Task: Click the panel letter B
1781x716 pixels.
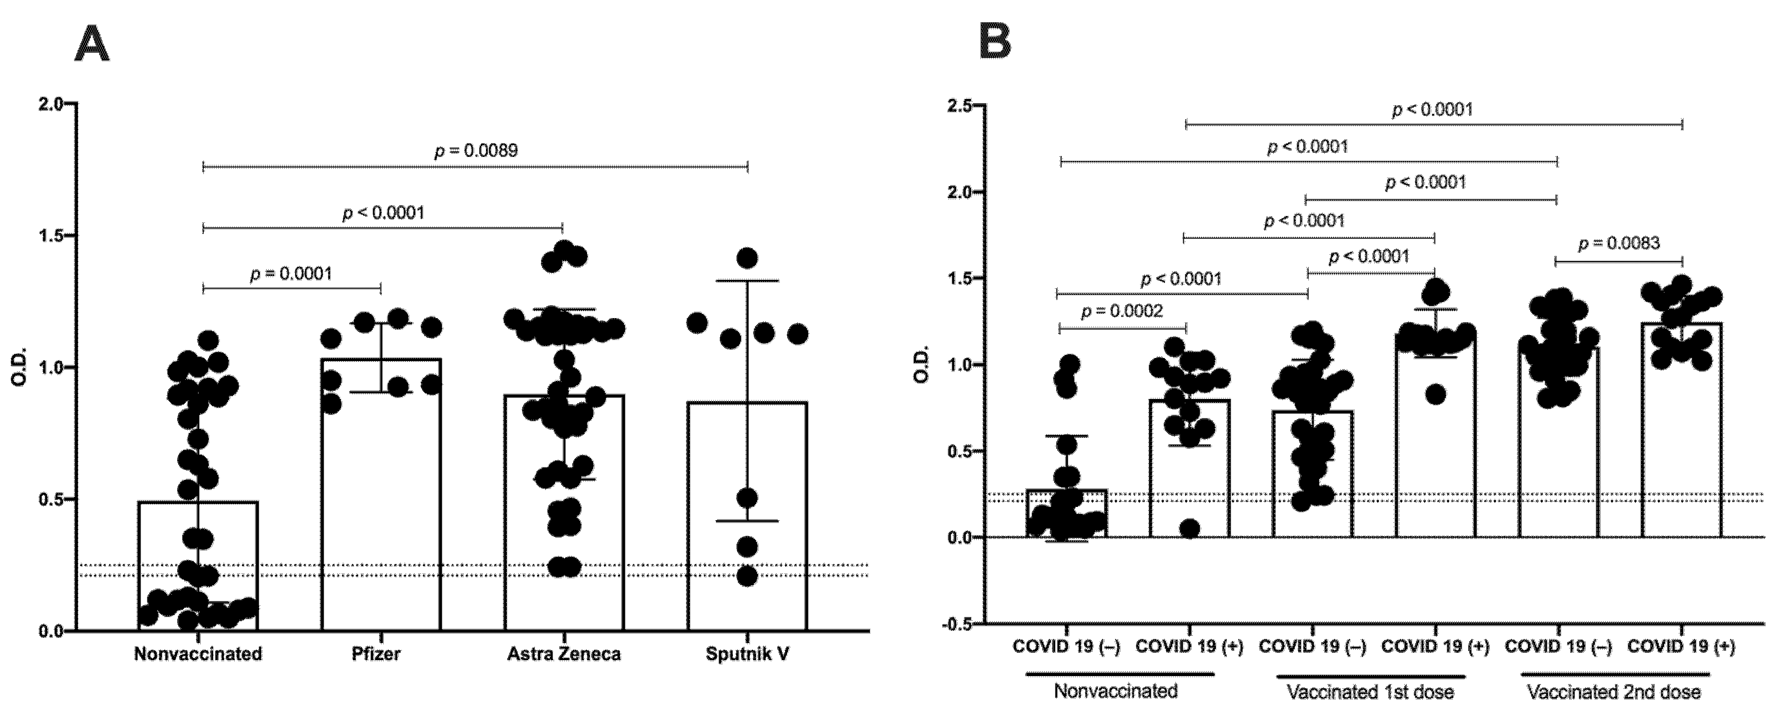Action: [x=995, y=43]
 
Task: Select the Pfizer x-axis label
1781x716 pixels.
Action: [x=376, y=654]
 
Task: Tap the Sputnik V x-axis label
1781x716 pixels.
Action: [x=747, y=654]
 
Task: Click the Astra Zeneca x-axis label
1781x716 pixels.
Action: [x=564, y=654]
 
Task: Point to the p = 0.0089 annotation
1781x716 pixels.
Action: [x=476, y=151]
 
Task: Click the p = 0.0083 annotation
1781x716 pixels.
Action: [x=1619, y=243]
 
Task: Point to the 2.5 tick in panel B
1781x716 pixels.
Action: [x=960, y=105]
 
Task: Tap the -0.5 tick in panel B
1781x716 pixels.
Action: [x=958, y=624]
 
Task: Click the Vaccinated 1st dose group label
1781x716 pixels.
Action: [x=1370, y=692]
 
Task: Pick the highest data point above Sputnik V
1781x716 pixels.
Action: [x=747, y=259]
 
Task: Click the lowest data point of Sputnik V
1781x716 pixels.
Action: [x=747, y=576]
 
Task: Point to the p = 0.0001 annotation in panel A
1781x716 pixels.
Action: [x=291, y=273]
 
